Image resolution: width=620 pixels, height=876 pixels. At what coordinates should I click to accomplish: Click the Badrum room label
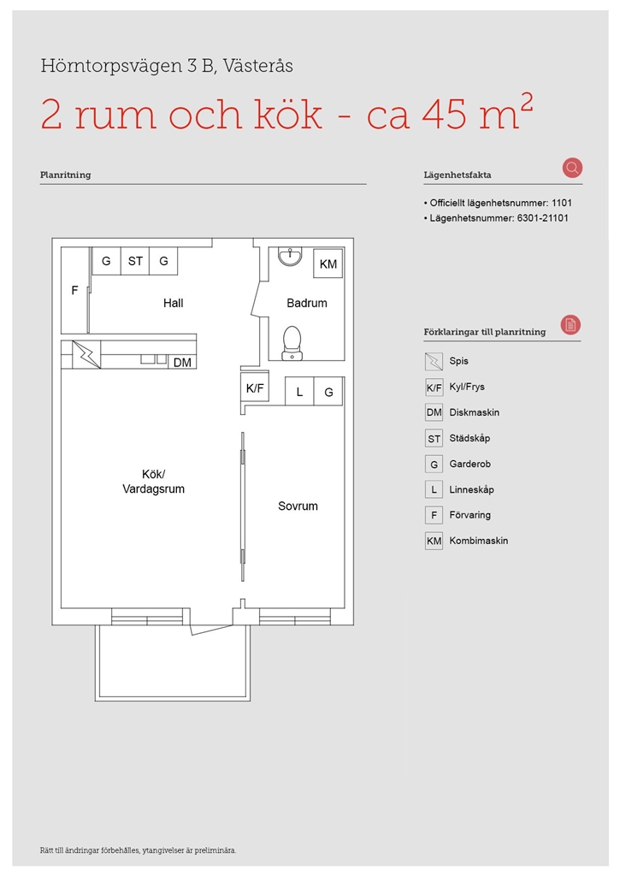click(x=307, y=303)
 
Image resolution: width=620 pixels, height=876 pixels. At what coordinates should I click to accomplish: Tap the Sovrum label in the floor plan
click(x=298, y=506)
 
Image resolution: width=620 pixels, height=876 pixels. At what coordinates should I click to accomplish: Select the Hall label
click(x=173, y=303)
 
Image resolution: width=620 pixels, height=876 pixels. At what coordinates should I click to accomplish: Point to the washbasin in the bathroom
click(x=290, y=256)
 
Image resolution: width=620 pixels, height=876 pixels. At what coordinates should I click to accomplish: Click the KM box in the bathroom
click(x=328, y=263)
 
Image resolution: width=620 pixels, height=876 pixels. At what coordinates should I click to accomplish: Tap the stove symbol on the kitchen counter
click(x=86, y=354)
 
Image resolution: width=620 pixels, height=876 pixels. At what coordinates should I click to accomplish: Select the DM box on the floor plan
click(x=182, y=362)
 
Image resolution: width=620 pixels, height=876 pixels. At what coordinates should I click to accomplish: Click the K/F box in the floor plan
click(x=255, y=388)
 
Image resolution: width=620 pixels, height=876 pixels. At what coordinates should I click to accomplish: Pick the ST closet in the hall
click(x=135, y=261)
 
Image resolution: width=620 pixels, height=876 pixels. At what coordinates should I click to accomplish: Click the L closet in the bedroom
click(x=299, y=392)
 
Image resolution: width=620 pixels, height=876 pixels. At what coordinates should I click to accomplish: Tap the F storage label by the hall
click(x=75, y=290)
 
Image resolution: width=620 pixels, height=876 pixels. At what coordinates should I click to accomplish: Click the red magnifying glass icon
click(x=572, y=168)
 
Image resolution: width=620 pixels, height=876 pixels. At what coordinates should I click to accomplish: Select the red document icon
click(x=571, y=324)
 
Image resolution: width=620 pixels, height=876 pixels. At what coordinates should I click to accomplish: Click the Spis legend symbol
click(x=434, y=362)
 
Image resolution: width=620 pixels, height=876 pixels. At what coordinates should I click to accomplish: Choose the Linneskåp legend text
click(x=471, y=489)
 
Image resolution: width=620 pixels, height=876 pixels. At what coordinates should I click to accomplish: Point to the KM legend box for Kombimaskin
click(x=434, y=541)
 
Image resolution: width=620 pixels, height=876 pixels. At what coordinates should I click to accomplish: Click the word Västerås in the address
click(x=258, y=66)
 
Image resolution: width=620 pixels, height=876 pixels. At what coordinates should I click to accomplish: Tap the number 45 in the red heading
click(x=445, y=115)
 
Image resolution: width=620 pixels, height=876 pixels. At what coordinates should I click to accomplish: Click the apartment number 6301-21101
click(x=542, y=218)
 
